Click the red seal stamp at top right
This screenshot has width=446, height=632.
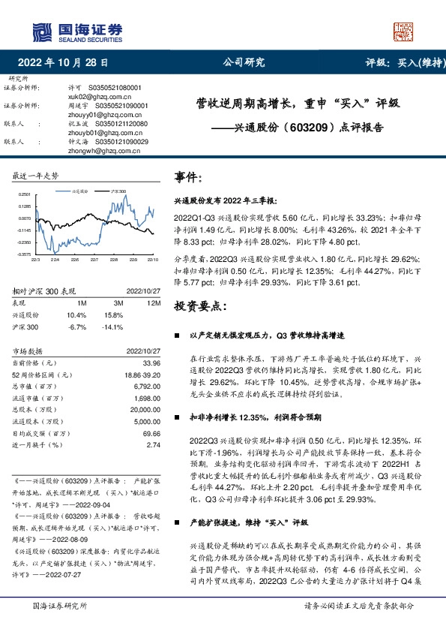click(403, 31)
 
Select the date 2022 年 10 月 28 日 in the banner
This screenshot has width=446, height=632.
click(67, 63)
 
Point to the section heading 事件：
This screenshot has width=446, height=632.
click(188, 177)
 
